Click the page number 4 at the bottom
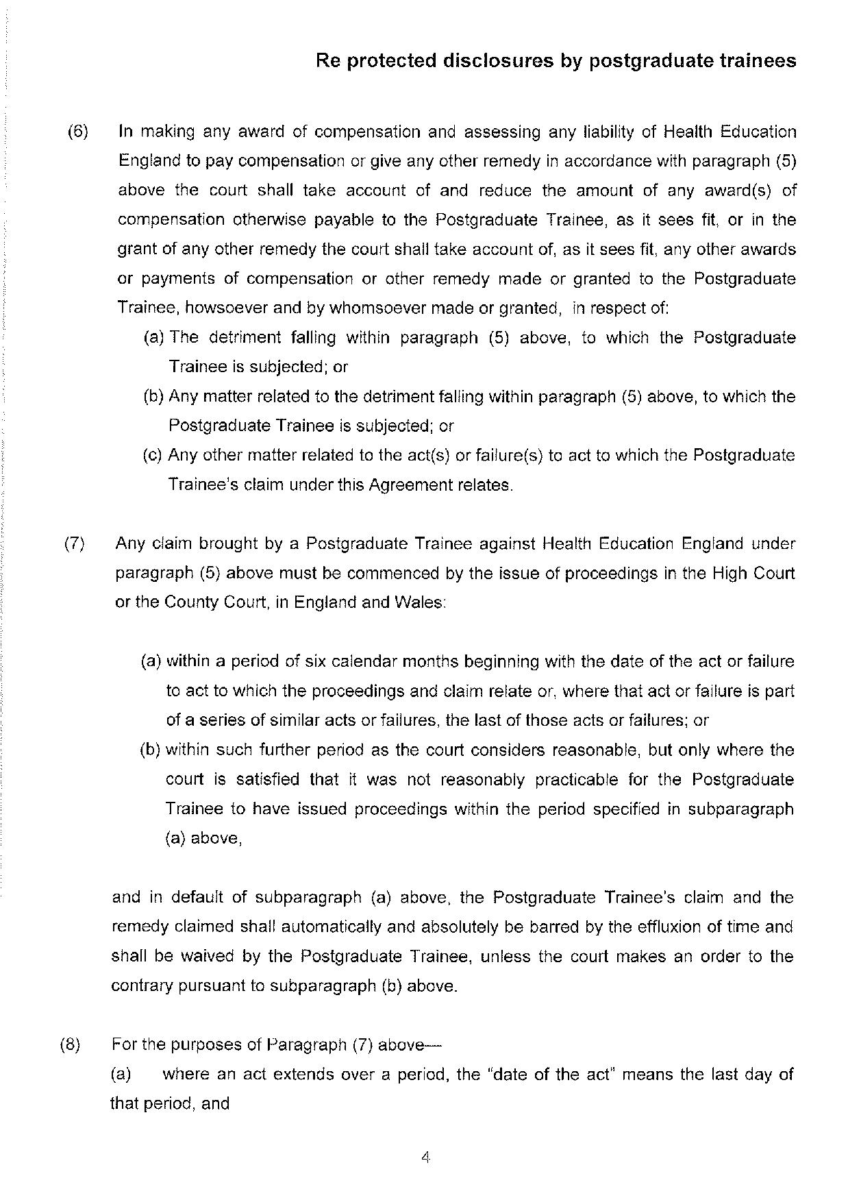[x=425, y=1158]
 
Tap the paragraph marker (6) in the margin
[x=78, y=132]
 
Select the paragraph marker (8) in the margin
[x=70, y=1044]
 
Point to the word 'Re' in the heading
[x=327, y=61]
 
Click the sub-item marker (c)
[x=152, y=455]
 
